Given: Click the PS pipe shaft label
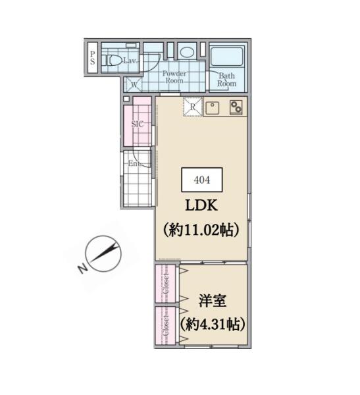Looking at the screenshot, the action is click(x=92, y=58).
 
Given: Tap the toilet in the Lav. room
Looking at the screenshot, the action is click(x=111, y=60).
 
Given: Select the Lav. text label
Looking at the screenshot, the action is click(x=130, y=61).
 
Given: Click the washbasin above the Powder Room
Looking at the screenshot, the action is click(x=187, y=52).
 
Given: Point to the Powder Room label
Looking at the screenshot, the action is click(x=174, y=77).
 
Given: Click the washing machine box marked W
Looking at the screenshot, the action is click(x=134, y=84).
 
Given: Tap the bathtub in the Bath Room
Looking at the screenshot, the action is click(x=226, y=57).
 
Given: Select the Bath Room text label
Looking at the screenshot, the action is click(x=227, y=80).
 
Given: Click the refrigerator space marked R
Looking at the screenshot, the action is click(x=193, y=107).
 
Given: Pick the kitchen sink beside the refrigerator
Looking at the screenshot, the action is click(x=212, y=109).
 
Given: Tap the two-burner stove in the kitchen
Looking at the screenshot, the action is click(x=236, y=107).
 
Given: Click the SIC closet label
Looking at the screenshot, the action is click(x=138, y=124).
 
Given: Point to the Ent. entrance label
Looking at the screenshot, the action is click(x=134, y=163).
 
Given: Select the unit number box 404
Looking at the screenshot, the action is click(x=202, y=180).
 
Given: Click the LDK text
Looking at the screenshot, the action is click(x=201, y=205).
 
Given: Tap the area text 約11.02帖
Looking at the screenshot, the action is click(x=201, y=230).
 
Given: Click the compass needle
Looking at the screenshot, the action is click(x=105, y=252).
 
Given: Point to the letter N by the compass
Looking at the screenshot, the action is click(x=82, y=269).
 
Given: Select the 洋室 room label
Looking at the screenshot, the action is click(x=213, y=301).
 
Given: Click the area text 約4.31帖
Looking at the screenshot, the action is click(x=213, y=324).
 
